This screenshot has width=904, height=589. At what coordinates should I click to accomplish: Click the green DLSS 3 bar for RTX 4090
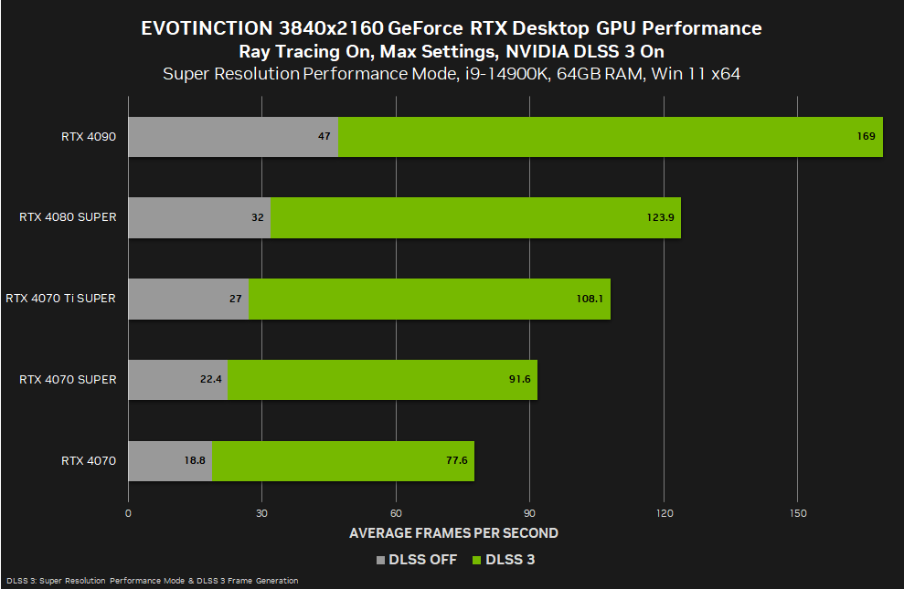pyautogui.click(x=611, y=137)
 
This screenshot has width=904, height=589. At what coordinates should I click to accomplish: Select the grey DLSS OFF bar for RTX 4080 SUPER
pyautogui.click(x=199, y=217)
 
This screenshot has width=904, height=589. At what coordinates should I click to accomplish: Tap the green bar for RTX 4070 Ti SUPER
pyautogui.click(x=429, y=299)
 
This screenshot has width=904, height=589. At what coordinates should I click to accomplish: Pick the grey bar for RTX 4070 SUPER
pyautogui.click(x=177, y=379)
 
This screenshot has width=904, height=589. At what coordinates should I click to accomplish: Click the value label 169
pyautogui.click(x=866, y=137)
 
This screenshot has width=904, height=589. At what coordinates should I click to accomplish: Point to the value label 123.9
pyautogui.click(x=658, y=217)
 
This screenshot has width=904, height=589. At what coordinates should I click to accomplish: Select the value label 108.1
pyautogui.click(x=590, y=299)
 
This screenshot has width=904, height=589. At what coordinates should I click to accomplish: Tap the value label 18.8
pyautogui.click(x=195, y=460)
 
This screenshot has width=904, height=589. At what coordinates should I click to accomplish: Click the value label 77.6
pyautogui.click(x=456, y=460)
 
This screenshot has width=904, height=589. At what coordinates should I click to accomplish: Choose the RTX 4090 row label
pyautogui.click(x=89, y=137)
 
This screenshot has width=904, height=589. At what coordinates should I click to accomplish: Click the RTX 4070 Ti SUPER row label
pyautogui.click(x=60, y=299)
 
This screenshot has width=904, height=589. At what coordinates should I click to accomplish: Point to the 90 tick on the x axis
pyautogui.click(x=529, y=513)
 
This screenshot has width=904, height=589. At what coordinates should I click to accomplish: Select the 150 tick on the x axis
pyautogui.click(x=797, y=513)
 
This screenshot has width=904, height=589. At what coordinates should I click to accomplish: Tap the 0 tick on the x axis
pyautogui.click(x=128, y=513)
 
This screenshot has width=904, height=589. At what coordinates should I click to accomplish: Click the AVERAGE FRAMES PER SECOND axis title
pyautogui.click(x=453, y=532)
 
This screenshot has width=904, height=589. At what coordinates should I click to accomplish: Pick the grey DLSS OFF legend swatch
pyautogui.click(x=380, y=560)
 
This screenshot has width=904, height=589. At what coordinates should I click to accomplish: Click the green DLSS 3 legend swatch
pyautogui.click(x=477, y=560)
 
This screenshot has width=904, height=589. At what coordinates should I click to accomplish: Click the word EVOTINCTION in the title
pyautogui.click(x=200, y=28)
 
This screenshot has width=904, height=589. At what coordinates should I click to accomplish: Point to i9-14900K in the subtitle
pyautogui.click(x=500, y=74)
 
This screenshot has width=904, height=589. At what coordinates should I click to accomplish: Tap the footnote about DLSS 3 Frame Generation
pyautogui.click(x=152, y=581)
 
